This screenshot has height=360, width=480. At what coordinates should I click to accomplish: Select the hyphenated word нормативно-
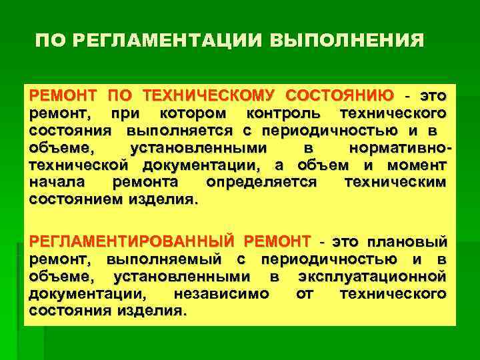(399, 147)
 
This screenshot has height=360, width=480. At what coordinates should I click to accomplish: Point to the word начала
(58, 181)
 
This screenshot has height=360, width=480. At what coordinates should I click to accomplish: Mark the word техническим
(396, 181)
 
